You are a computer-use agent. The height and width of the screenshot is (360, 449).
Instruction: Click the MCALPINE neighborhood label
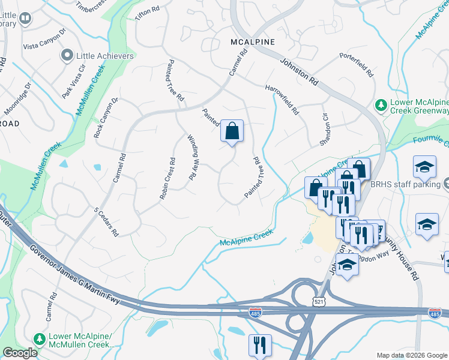253,42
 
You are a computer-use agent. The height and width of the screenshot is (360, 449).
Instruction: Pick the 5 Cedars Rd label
106,221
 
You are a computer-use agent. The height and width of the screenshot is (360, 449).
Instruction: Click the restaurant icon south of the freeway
260,344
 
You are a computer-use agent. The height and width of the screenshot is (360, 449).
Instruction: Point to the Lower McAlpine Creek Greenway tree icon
380,105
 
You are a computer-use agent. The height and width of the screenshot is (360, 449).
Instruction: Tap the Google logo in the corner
20,353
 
